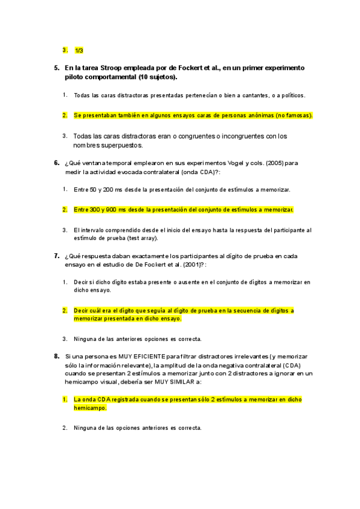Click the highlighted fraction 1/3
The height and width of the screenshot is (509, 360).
click(x=79, y=50)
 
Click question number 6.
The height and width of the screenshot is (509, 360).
click(x=56, y=163)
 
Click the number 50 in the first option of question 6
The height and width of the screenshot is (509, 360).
click(x=92, y=190)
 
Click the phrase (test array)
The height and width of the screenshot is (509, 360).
click(x=142, y=238)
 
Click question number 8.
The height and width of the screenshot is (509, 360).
click(x=56, y=356)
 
